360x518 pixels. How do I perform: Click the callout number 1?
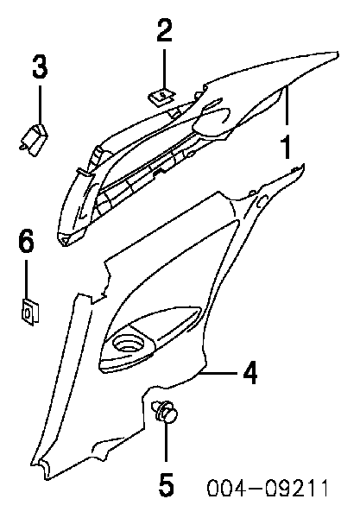click(x=286, y=147)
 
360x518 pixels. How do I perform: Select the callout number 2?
click(x=165, y=30)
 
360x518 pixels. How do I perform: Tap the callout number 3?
click(x=40, y=66)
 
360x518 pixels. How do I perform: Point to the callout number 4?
click(x=250, y=373)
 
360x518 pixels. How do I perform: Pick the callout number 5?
click(x=166, y=484)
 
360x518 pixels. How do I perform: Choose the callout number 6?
click(x=26, y=242)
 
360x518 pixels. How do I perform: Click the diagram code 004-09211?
click(x=268, y=488)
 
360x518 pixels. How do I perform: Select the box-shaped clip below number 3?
click(x=33, y=139)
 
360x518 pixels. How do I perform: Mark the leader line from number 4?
click(x=219, y=373)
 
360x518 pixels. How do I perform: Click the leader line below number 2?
click(x=164, y=69)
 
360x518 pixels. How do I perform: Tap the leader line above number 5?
click(x=166, y=442)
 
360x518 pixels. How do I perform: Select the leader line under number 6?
click(x=27, y=279)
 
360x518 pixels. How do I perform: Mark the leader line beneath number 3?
click(x=41, y=104)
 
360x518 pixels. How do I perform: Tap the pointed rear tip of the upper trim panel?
click(x=338, y=53)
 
